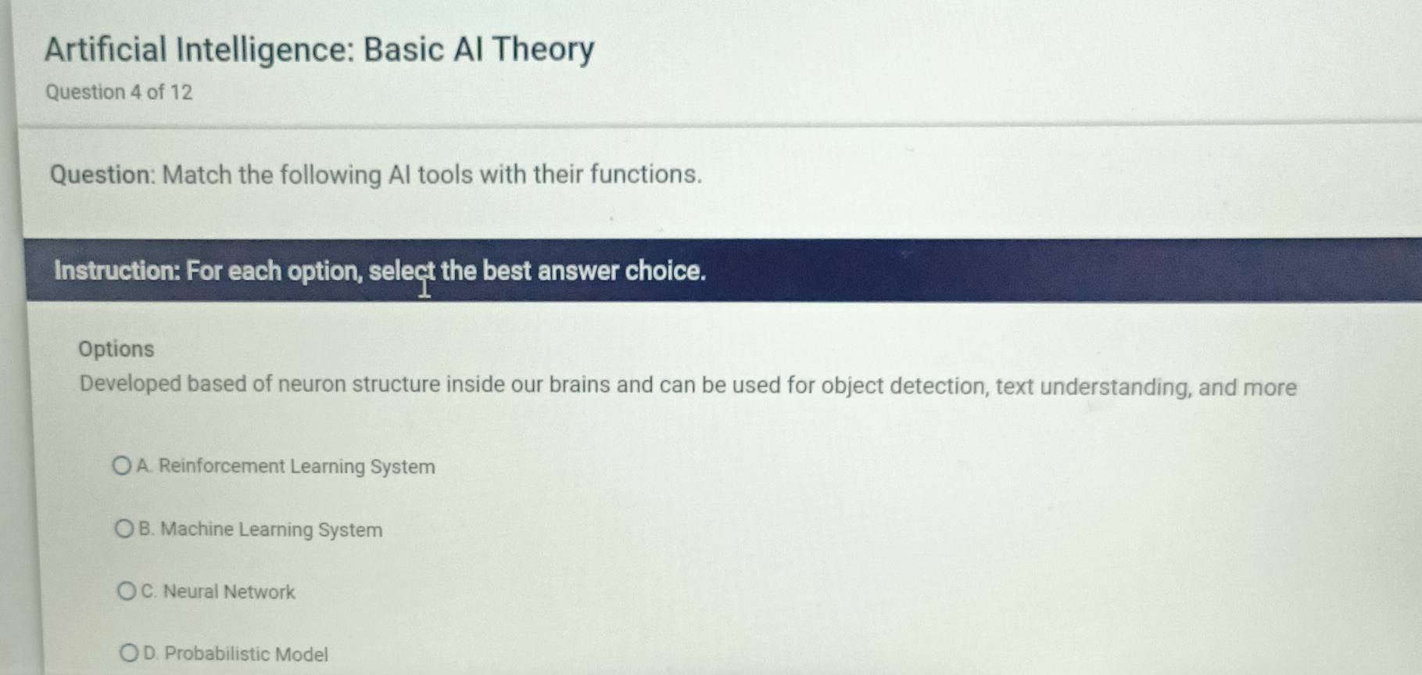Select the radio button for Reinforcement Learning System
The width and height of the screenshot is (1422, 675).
121,466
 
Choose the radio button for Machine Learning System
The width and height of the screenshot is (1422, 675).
124,530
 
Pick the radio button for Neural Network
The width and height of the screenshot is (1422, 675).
126,591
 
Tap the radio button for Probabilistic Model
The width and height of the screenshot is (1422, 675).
129,653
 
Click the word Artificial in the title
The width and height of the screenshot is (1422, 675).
106,49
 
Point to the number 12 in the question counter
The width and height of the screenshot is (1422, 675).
181,92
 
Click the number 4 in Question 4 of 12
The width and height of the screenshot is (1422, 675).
136,92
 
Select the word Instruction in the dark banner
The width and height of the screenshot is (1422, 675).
117,271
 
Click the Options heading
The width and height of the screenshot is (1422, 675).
116,349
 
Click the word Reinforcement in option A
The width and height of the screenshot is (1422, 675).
222,466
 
